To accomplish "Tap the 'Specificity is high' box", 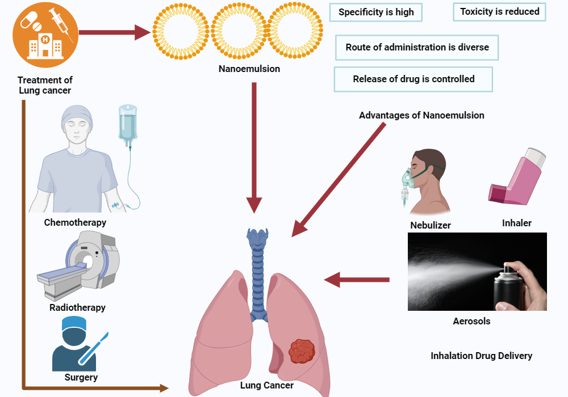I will coord(376,12).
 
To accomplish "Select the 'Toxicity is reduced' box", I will coord(499,12).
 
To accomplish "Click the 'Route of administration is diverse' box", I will coord(417,48).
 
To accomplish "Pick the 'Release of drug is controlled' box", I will coord(414,79).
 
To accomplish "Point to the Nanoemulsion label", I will coord(249,69).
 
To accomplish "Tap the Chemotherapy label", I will coord(75,222).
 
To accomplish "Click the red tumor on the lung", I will coord(302,352).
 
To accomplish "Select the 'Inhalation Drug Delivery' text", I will coord(481,356).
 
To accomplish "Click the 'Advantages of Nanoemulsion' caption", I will coord(421,115).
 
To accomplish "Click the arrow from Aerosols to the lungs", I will coord(357,279).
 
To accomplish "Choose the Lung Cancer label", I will coord(266,386).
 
